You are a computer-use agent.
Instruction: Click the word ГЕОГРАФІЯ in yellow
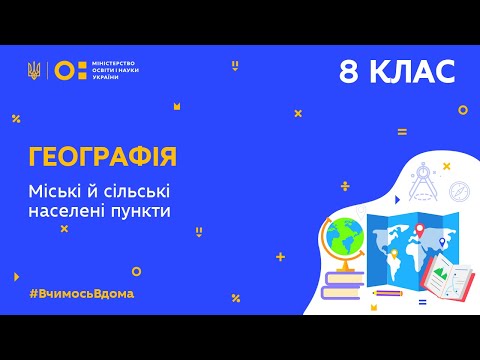(x=104, y=156)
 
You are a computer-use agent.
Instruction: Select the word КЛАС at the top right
(x=413, y=71)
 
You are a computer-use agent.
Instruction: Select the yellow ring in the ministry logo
(x=62, y=70)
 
